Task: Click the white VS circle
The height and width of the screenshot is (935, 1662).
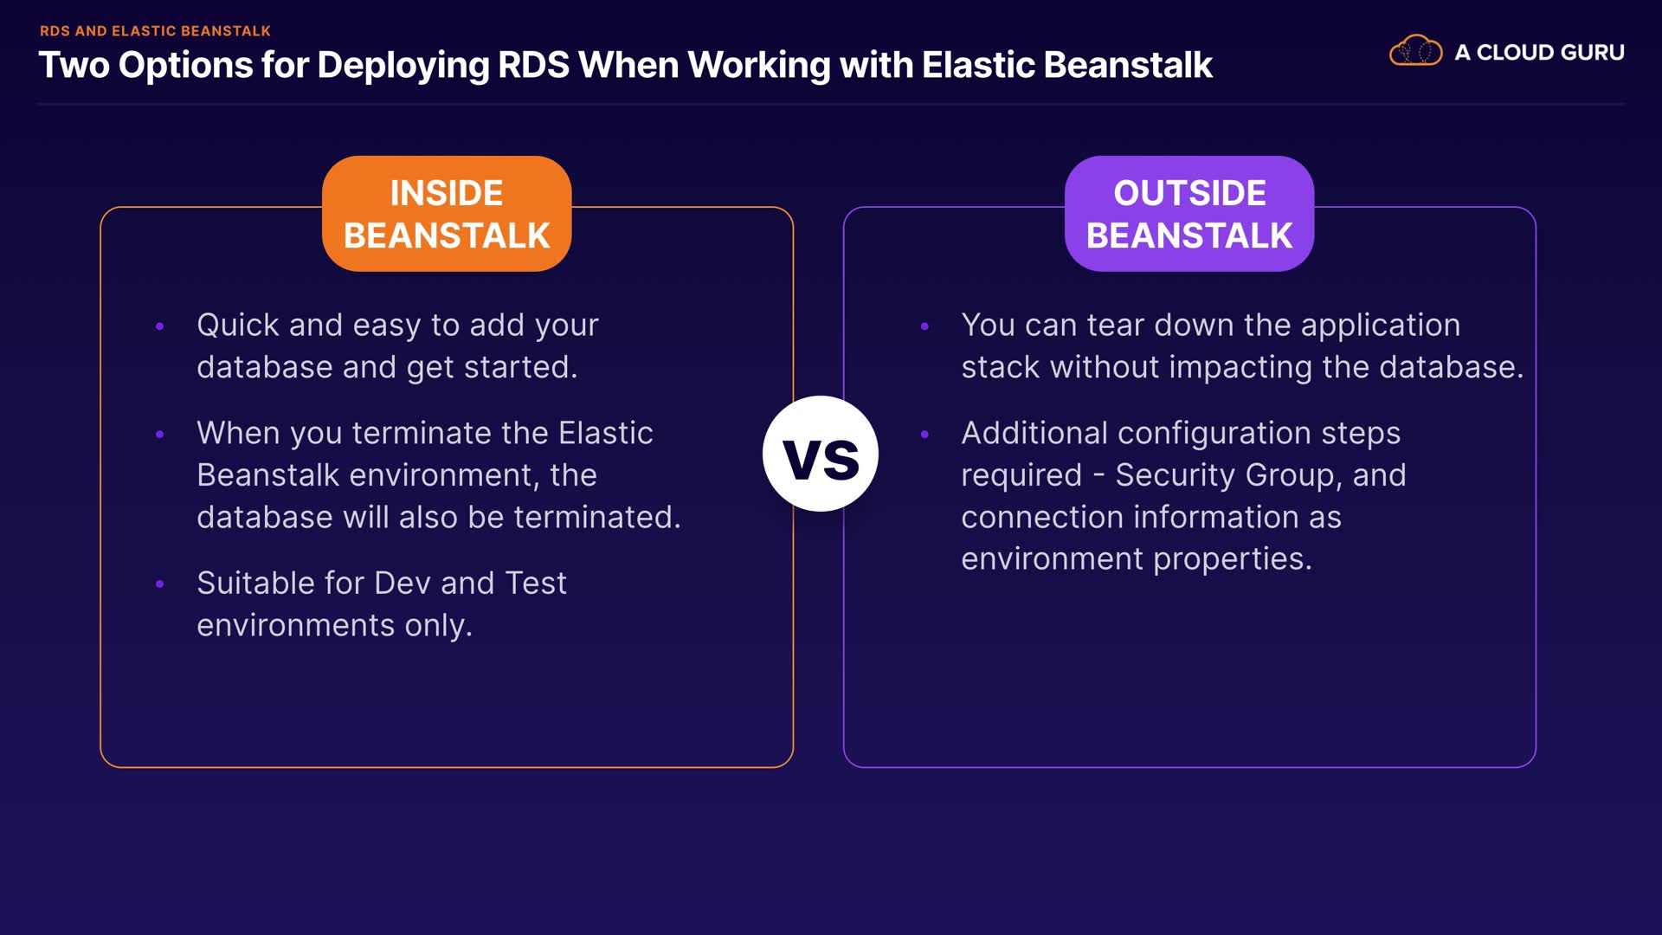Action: click(x=821, y=454)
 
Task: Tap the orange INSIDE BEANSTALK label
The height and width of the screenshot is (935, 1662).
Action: click(x=447, y=214)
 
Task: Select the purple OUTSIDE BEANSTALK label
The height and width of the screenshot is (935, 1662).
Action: click(x=1189, y=214)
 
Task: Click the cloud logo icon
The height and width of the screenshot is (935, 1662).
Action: click(x=1415, y=51)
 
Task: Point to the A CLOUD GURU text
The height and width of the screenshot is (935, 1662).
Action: click(x=1539, y=52)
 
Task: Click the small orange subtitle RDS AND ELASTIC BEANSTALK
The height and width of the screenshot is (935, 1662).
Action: click(x=155, y=31)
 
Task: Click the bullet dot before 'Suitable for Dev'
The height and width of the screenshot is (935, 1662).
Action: click(x=159, y=584)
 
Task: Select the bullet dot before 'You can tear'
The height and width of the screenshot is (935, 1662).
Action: click(x=924, y=326)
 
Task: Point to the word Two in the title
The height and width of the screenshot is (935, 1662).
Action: click(x=74, y=65)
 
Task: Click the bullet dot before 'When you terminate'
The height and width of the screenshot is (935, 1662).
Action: click(x=159, y=434)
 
